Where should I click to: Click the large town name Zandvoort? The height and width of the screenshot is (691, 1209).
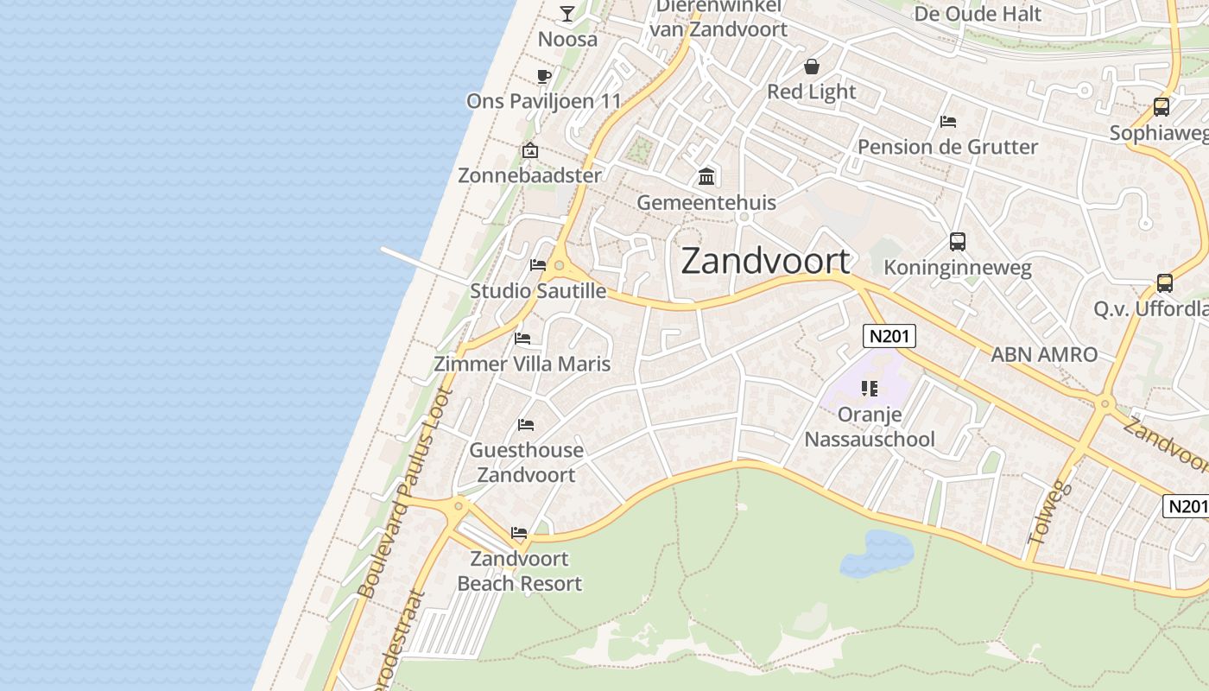click(765, 261)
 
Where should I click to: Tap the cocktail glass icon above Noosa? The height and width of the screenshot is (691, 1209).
click(567, 13)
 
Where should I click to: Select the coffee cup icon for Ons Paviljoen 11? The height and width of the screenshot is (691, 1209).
click(543, 76)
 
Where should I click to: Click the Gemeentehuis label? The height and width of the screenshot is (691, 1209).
click(706, 202)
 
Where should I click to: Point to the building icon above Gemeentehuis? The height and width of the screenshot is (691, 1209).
click(706, 177)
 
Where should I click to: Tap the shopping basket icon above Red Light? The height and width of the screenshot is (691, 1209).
click(811, 67)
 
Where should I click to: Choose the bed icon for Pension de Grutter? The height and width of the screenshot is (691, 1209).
click(947, 122)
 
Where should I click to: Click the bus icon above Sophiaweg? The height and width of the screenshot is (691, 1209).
click(1162, 107)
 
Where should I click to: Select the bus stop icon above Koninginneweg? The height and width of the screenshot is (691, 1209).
click(957, 242)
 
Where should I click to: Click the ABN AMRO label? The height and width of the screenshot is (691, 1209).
click(1043, 354)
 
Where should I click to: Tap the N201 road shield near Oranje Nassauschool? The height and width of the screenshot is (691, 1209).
click(889, 335)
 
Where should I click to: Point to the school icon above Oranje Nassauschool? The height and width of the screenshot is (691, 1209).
click(870, 389)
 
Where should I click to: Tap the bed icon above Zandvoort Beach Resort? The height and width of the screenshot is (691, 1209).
click(518, 533)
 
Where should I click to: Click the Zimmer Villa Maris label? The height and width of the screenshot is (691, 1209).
click(522, 364)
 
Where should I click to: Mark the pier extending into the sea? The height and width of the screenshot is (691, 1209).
click(423, 264)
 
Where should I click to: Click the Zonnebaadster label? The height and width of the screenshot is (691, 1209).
click(529, 175)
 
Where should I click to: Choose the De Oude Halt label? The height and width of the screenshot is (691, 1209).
click(977, 13)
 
